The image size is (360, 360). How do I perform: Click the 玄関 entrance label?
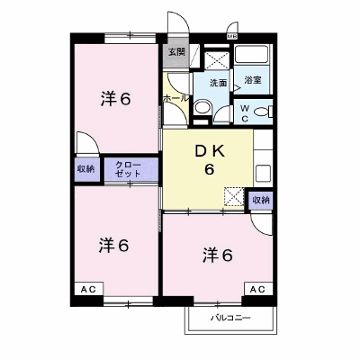click(176, 52)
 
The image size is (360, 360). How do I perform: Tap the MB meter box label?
click(232, 37)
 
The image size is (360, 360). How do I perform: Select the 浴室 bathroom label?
click(253, 80)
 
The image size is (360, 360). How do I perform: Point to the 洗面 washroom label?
click(218, 83)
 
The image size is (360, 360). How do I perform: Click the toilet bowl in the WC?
click(263, 112)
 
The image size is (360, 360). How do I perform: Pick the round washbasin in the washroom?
click(202, 107)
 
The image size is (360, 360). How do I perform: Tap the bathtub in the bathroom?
click(251, 54)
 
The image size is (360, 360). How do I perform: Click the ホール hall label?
click(175, 98)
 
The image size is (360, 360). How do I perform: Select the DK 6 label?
click(210, 161)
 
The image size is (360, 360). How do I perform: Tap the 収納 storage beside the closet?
click(86, 169)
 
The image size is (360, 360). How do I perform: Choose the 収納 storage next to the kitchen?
click(261, 200)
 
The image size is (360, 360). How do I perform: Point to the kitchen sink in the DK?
click(263, 173)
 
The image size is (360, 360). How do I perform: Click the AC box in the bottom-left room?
click(89, 289)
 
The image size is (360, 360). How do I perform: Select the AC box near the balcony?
click(258, 289)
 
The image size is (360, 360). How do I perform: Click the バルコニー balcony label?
click(230, 318)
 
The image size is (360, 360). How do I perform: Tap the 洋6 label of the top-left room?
click(116, 99)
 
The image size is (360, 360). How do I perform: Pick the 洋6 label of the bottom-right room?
click(218, 256)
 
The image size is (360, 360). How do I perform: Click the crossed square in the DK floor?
click(235, 197)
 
